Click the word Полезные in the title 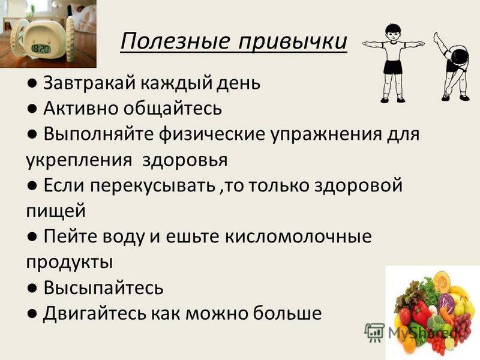(x=175, y=41)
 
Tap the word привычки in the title (x=293, y=42)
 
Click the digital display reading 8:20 (x=41, y=49)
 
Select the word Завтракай (x=89, y=82)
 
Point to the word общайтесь (x=172, y=108)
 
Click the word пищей (x=55, y=211)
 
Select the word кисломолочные (x=298, y=236)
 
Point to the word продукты (x=69, y=263)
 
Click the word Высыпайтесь (x=103, y=287)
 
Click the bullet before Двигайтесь (x=32, y=313)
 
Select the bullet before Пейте (x=32, y=236)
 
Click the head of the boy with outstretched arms (x=393, y=31)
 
